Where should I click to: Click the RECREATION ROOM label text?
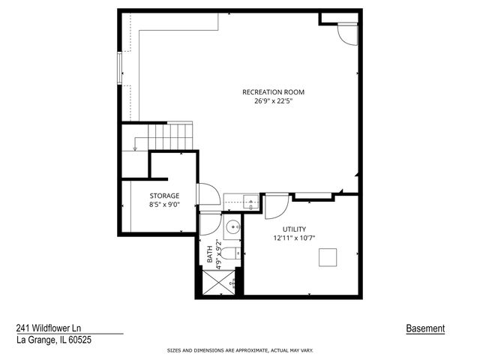point(273,92)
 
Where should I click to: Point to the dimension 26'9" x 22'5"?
point(273,101)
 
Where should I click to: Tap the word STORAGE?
point(163,196)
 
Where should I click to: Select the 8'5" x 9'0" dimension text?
point(163,205)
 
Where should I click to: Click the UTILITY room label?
point(294,229)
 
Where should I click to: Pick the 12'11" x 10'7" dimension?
point(294,238)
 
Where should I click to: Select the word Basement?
point(425,328)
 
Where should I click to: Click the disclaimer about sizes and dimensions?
point(239,350)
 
